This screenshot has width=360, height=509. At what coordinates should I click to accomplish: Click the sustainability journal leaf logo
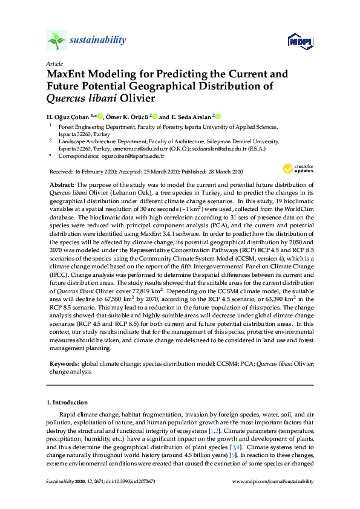tap(56, 41)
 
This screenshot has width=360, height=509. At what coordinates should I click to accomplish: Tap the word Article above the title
tap(54, 63)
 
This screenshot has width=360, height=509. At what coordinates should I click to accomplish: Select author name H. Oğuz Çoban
tap(68, 116)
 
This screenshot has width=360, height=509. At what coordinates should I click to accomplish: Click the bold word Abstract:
tap(62, 183)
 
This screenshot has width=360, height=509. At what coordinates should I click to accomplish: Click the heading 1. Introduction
tap(67, 402)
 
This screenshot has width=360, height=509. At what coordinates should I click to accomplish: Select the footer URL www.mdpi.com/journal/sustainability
tap(273, 481)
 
